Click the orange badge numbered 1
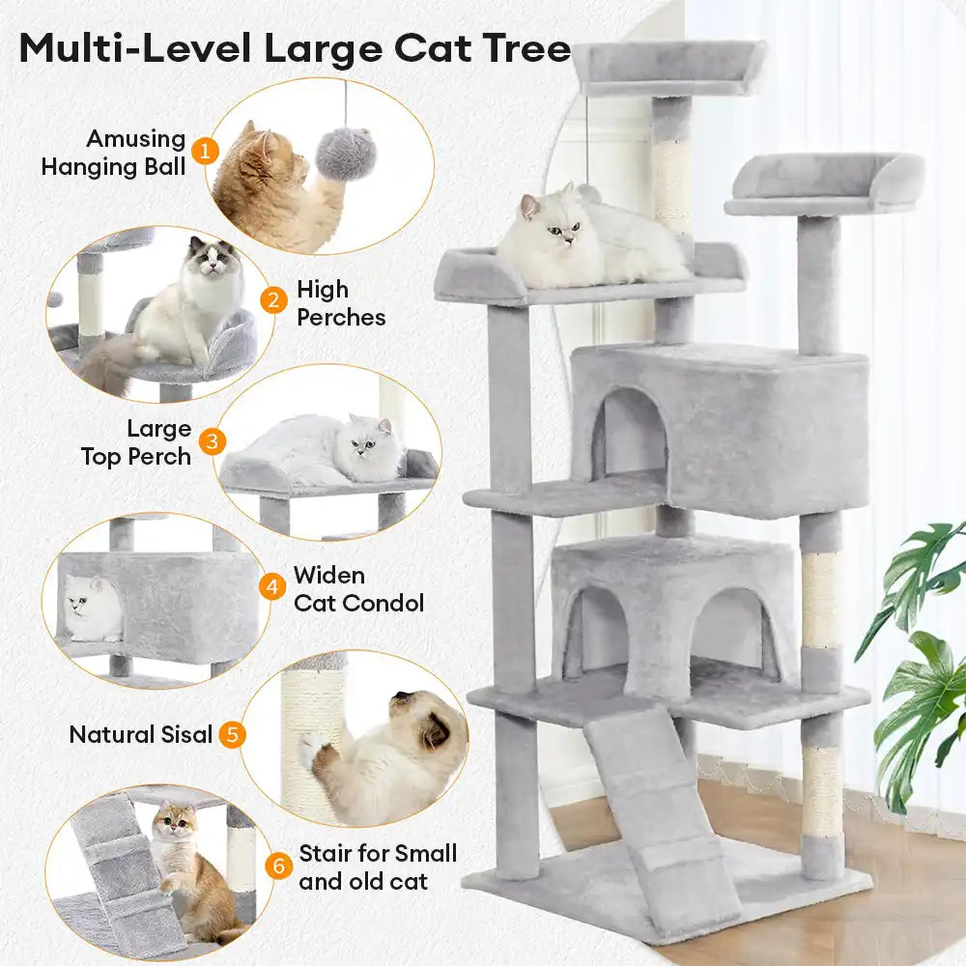click(204, 151)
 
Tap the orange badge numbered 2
click(274, 301)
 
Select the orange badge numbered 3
click(213, 441)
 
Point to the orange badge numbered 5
click(231, 734)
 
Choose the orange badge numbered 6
click(278, 866)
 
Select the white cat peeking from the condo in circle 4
click(93, 609)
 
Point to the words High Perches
click(340, 302)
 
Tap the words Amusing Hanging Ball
click(114, 153)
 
